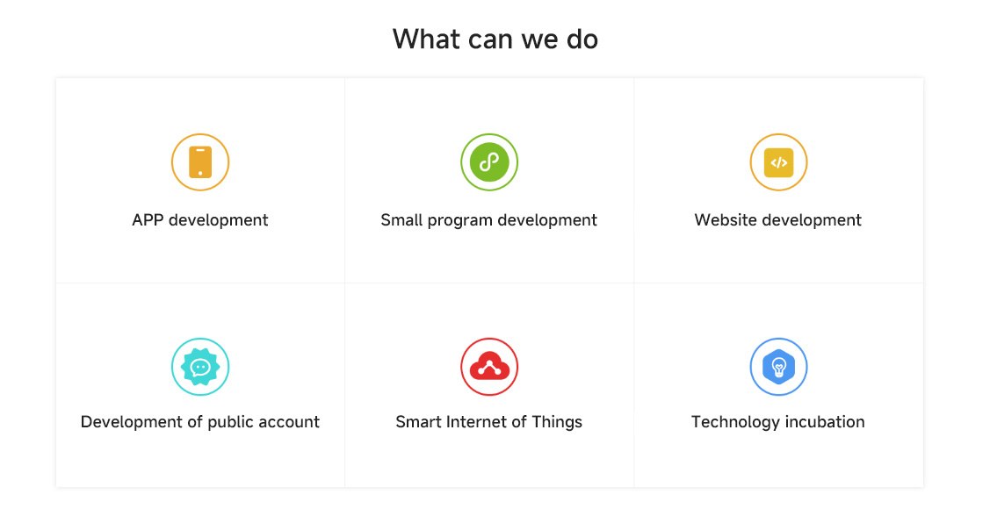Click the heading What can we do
(495, 39)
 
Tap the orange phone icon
(200, 162)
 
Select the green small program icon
(489, 162)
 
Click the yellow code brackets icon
(778, 162)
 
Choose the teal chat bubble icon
(200, 367)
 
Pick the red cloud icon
(489, 367)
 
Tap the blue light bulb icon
(778, 367)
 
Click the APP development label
(200, 220)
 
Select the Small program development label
(488, 220)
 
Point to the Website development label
(778, 220)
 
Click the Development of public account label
(200, 422)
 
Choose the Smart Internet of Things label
(488, 422)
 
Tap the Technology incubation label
(778, 422)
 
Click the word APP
(148, 220)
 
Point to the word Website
(726, 220)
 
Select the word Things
(557, 422)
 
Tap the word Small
(401, 220)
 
